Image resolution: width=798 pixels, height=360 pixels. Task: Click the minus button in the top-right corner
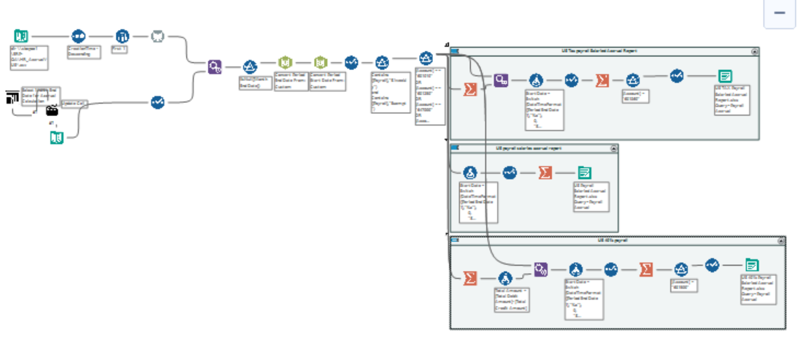(x=779, y=13)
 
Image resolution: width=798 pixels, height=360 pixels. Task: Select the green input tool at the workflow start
(x=22, y=36)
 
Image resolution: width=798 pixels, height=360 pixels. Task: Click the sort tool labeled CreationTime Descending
(x=79, y=36)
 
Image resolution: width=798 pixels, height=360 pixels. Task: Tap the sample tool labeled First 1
(x=121, y=36)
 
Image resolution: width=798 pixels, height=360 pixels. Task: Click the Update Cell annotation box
(x=74, y=103)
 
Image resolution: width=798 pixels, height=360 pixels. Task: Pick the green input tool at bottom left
(x=57, y=137)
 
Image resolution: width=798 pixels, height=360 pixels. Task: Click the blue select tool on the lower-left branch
(x=158, y=102)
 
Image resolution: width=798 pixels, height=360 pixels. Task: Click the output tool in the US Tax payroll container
(x=724, y=75)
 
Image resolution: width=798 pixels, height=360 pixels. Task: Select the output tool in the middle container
(x=585, y=173)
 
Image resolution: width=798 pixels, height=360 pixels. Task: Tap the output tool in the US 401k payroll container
(x=752, y=266)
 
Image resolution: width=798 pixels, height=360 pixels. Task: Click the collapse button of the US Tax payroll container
(x=755, y=52)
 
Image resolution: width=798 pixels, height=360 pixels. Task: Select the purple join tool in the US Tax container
(x=501, y=80)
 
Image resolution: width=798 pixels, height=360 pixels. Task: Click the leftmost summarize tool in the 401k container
(x=471, y=278)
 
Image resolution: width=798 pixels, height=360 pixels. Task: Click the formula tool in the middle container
(x=471, y=173)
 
